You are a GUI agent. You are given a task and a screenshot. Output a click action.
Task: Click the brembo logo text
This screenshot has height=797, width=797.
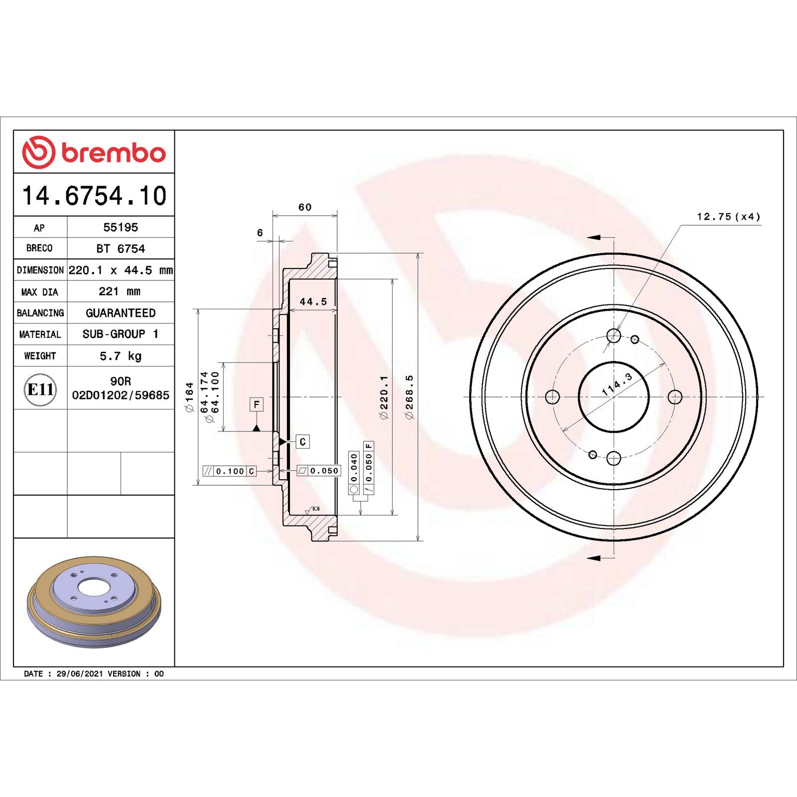(x=113, y=153)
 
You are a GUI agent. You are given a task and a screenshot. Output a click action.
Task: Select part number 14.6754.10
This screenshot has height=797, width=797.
(x=94, y=196)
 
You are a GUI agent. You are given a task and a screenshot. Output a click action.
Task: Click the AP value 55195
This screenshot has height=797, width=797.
(x=121, y=227)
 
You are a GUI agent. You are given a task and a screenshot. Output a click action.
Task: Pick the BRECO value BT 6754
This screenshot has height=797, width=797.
(x=121, y=249)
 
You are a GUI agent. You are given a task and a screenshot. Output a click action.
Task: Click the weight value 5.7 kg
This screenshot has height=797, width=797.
(x=121, y=356)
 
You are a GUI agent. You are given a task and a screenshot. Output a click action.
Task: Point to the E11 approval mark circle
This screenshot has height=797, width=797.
(x=40, y=389)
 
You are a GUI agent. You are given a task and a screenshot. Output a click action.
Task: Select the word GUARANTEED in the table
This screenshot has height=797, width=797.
(x=121, y=313)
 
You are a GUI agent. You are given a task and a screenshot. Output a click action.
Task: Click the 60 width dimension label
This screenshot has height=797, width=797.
(x=305, y=207)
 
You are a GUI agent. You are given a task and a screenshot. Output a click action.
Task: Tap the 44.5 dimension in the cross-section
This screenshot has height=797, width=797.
(x=313, y=301)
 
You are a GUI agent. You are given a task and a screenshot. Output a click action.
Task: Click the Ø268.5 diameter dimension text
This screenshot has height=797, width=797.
(x=409, y=397)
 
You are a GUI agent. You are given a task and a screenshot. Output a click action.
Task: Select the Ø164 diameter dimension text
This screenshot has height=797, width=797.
(x=189, y=397)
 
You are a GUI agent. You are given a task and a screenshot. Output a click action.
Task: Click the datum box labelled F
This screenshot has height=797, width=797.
(x=256, y=404)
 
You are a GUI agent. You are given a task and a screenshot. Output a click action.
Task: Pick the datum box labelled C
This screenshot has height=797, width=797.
(x=302, y=442)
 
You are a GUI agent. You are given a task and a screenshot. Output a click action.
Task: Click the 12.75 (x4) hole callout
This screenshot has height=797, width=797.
(x=728, y=217)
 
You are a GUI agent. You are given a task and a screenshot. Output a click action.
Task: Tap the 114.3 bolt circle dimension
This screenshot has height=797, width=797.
(x=617, y=384)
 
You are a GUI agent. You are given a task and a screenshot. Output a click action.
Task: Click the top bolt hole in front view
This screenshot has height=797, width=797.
(x=614, y=336)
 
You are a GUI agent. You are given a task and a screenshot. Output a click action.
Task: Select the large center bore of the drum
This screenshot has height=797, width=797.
(x=614, y=397)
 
